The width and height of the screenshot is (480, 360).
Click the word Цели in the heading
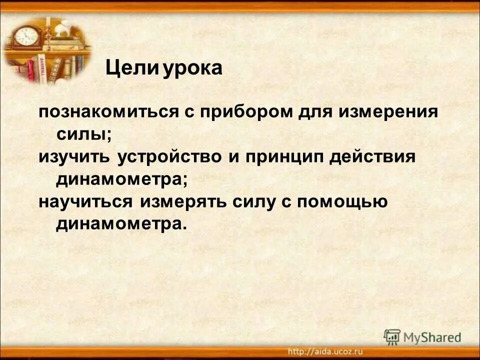(130, 68)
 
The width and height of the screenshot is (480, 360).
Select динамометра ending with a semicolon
(122, 179)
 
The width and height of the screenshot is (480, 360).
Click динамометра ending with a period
(120, 223)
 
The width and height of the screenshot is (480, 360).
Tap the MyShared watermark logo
(422, 336)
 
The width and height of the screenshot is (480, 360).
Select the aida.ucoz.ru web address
(325, 350)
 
